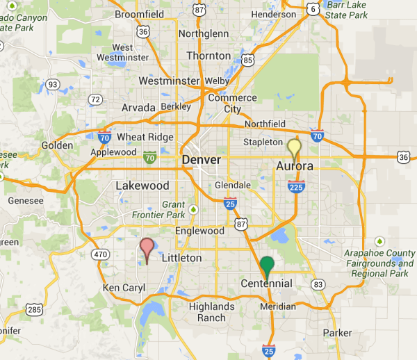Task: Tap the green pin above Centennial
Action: click(267, 266)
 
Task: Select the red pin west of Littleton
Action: click(147, 248)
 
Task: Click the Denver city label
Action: click(202, 161)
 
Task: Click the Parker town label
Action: click(338, 332)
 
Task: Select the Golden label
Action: click(57, 145)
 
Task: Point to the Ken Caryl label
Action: click(122, 288)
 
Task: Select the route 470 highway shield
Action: click(101, 255)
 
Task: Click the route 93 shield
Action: click(52, 84)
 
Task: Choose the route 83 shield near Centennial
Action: click(318, 284)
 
